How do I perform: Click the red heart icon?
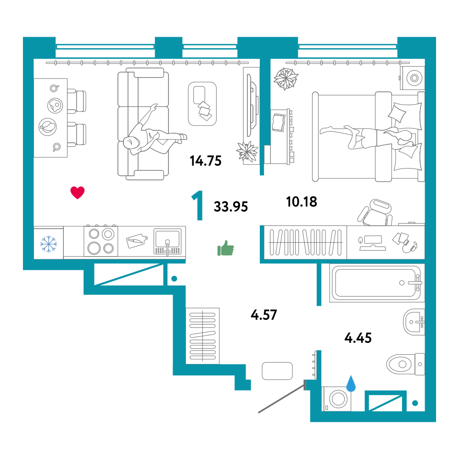coord(78,193)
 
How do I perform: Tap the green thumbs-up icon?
coord(226,248)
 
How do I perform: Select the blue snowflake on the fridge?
coord(49,244)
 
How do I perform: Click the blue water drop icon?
coord(351,384)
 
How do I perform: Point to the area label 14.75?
coord(206,161)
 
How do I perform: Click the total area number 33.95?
coord(231,207)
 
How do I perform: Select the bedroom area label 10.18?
coord(302,202)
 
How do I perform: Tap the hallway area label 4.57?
coord(264,315)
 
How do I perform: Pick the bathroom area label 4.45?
coord(358,338)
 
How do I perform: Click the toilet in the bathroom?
coord(405,364)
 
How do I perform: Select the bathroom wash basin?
coord(414,322)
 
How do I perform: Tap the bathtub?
coord(377,283)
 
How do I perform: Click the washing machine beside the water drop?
coord(336,399)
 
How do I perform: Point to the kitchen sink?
coord(168,242)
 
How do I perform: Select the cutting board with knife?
coord(137,241)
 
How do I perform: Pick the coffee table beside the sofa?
coord(202,104)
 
